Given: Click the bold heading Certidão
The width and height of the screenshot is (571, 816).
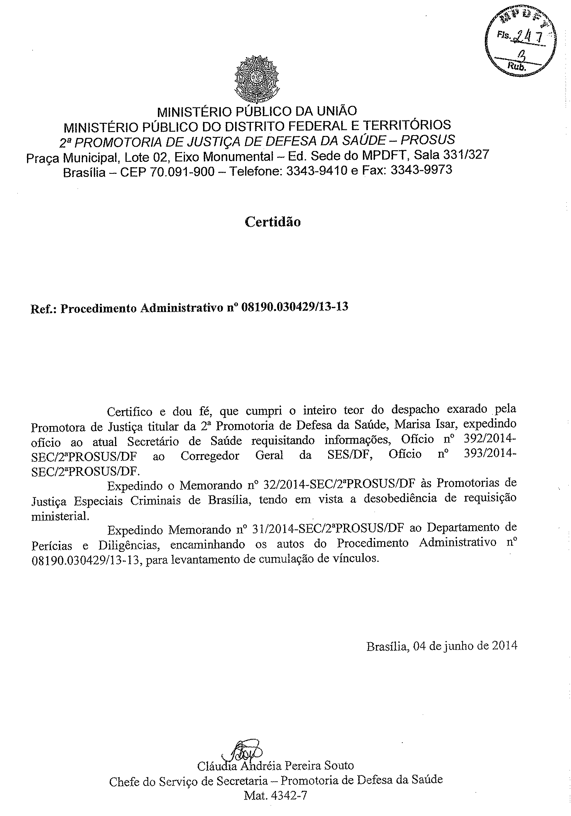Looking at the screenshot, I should click(273, 222).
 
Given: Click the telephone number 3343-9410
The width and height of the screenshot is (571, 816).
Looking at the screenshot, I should click(315, 171).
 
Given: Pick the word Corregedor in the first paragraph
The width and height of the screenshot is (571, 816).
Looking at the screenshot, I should click(210, 456).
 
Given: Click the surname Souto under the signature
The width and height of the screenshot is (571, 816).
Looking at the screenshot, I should click(337, 765).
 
